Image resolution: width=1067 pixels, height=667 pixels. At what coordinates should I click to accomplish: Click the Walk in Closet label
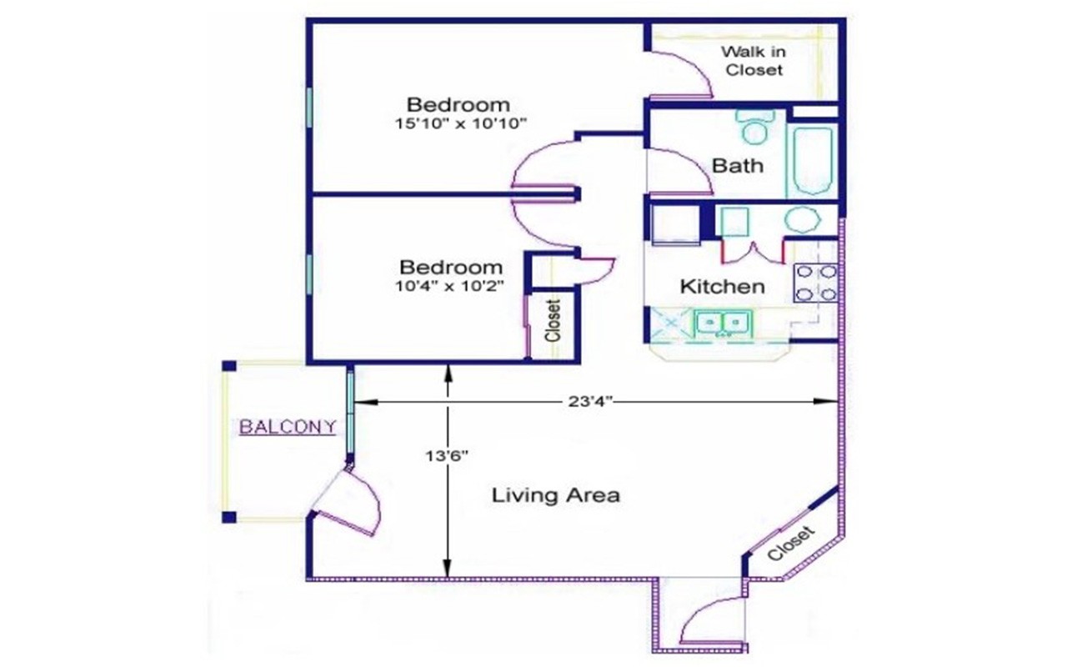[x=754, y=61]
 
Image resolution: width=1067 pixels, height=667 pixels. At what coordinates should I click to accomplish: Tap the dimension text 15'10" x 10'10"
[x=463, y=123]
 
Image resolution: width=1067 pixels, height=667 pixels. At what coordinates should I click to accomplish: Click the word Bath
[x=737, y=165]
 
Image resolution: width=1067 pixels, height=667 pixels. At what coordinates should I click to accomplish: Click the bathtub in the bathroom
[x=812, y=161]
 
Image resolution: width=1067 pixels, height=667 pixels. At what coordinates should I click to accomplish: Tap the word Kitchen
[x=722, y=287]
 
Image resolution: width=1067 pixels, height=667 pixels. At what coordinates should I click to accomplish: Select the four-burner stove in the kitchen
[x=815, y=282]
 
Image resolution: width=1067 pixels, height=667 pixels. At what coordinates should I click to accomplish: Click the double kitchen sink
[x=723, y=322]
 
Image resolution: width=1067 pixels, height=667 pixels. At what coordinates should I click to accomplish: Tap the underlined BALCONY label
[x=288, y=427]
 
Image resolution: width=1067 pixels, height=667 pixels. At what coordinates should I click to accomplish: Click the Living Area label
[x=555, y=495]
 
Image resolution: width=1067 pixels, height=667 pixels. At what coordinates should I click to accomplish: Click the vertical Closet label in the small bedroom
[x=552, y=320]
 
